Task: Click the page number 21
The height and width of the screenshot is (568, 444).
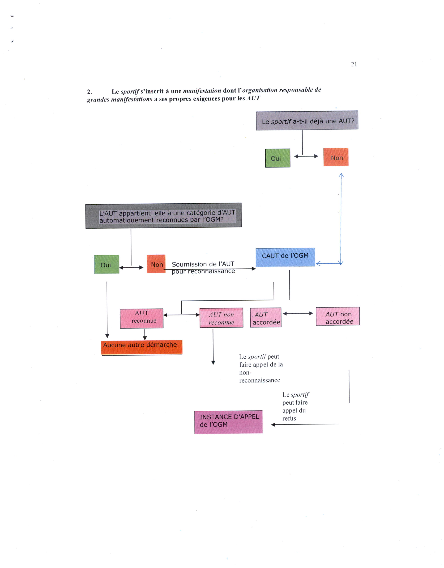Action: coord(354,64)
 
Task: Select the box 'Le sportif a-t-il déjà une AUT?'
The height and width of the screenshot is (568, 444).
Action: coord(307,120)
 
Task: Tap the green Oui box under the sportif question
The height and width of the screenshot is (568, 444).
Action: coord(278,158)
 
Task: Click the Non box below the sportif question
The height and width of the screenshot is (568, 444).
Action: coord(336,157)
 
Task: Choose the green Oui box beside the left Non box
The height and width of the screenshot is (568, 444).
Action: coord(107,264)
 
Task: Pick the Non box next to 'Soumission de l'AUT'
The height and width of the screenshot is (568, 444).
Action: coord(156,264)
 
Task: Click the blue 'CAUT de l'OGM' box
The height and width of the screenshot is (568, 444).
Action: coord(285,257)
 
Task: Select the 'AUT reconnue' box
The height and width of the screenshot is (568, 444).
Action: coord(141,318)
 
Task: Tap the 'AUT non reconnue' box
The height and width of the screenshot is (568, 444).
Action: coord(221,318)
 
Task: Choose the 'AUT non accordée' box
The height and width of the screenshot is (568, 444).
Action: coord(338,316)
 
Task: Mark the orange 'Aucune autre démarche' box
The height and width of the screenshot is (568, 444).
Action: coord(142,347)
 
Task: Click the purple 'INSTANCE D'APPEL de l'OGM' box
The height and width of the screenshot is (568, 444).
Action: coord(228,422)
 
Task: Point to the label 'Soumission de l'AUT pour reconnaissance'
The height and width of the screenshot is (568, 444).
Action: coord(203,268)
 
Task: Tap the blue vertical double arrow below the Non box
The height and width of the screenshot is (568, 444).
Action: coord(341,219)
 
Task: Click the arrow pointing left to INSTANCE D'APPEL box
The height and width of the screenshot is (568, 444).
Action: coord(305,424)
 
